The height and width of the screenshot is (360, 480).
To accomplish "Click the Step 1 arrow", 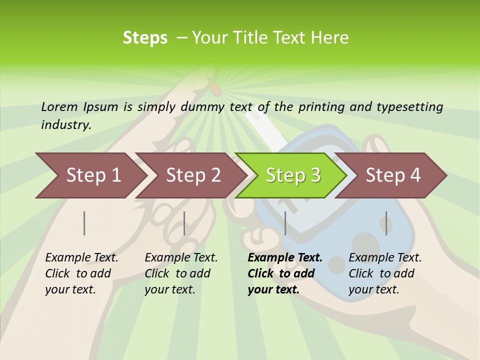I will click(x=90, y=175).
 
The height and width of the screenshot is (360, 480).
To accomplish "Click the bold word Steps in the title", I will click(x=145, y=38).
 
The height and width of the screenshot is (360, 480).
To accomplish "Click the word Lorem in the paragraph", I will click(x=59, y=107).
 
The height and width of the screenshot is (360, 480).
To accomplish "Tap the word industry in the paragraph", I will click(x=66, y=125).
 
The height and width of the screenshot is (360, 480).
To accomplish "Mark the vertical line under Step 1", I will click(x=84, y=223).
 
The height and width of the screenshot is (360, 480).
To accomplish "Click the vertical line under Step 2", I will click(x=184, y=223).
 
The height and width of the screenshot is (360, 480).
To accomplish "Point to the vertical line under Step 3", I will click(x=285, y=223).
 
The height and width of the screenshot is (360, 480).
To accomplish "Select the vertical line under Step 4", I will click(x=386, y=223).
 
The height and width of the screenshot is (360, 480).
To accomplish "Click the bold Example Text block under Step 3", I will click(x=285, y=273).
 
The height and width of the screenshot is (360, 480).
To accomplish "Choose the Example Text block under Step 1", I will click(x=81, y=273).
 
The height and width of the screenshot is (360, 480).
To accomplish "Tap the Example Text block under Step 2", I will click(x=181, y=273).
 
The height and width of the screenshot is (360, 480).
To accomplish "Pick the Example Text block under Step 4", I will click(x=385, y=273).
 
